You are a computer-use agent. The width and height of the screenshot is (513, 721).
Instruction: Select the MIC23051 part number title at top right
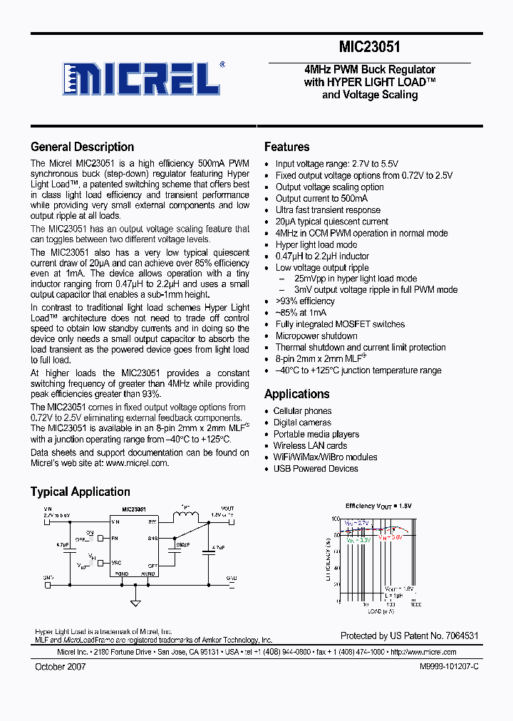click(x=369, y=48)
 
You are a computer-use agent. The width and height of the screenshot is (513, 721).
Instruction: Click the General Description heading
click(x=82, y=147)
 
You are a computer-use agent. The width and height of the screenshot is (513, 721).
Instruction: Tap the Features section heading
click(x=286, y=147)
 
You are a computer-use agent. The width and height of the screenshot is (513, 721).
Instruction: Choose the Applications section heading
click(x=296, y=394)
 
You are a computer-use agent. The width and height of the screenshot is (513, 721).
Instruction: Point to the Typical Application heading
click(x=80, y=492)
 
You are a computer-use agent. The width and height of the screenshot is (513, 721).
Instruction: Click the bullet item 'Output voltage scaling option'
click(x=329, y=187)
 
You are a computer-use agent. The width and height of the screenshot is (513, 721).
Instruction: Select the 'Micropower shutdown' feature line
click(x=316, y=336)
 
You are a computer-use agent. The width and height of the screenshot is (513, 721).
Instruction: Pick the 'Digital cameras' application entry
click(x=302, y=422)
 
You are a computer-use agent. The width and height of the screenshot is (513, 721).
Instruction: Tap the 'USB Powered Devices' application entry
click(x=315, y=469)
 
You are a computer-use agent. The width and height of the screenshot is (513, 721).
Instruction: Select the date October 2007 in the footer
click(x=61, y=666)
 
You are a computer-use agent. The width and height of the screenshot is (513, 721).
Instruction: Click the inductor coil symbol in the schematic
click(x=186, y=517)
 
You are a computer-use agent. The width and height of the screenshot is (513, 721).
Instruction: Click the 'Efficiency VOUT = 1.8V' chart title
click(x=378, y=506)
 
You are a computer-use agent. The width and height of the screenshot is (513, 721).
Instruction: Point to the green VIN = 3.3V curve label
click(x=358, y=540)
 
